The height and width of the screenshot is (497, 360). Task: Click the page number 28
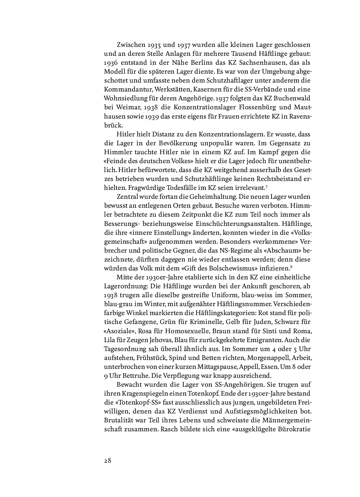(x=108, y=461)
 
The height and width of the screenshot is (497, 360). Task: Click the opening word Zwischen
(x=131, y=45)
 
